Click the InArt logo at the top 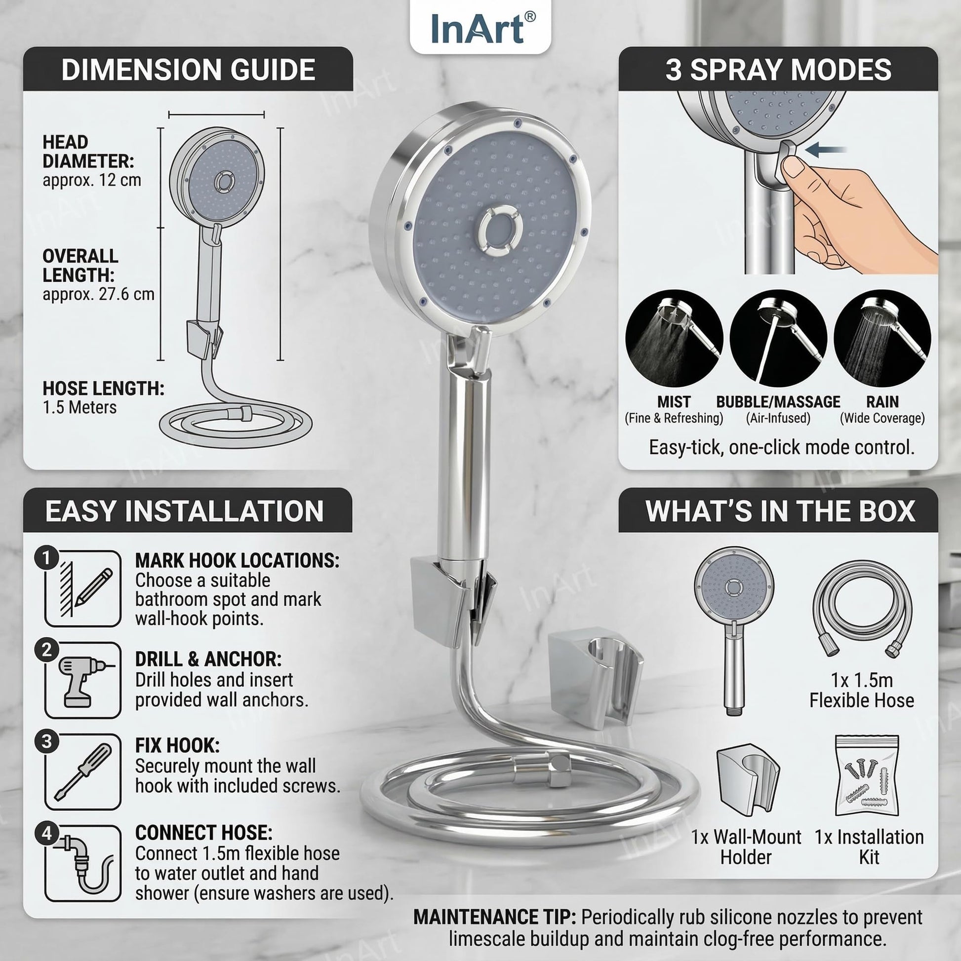pyautogui.click(x=480, y=28)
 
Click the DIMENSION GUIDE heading pyautogui.click(x=188, y=70)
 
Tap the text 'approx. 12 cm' pyautogui.click(x=91, y=180)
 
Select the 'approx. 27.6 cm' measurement pyautogui.click(x=98, y=294)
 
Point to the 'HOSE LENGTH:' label pyautogui.click(x=103, y=389)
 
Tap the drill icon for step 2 pyautogui.click(x=82, y=680)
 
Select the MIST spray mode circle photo pyautogui.click(x=674, y=339)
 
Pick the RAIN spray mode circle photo pyautogui.click(x=882, y=339)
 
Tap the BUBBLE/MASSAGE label pyautogui.click(x=778, y=402)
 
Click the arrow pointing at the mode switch pyautogui.click(x=826, y=149)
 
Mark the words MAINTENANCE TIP pyautogui.click(x=494, y=917)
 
